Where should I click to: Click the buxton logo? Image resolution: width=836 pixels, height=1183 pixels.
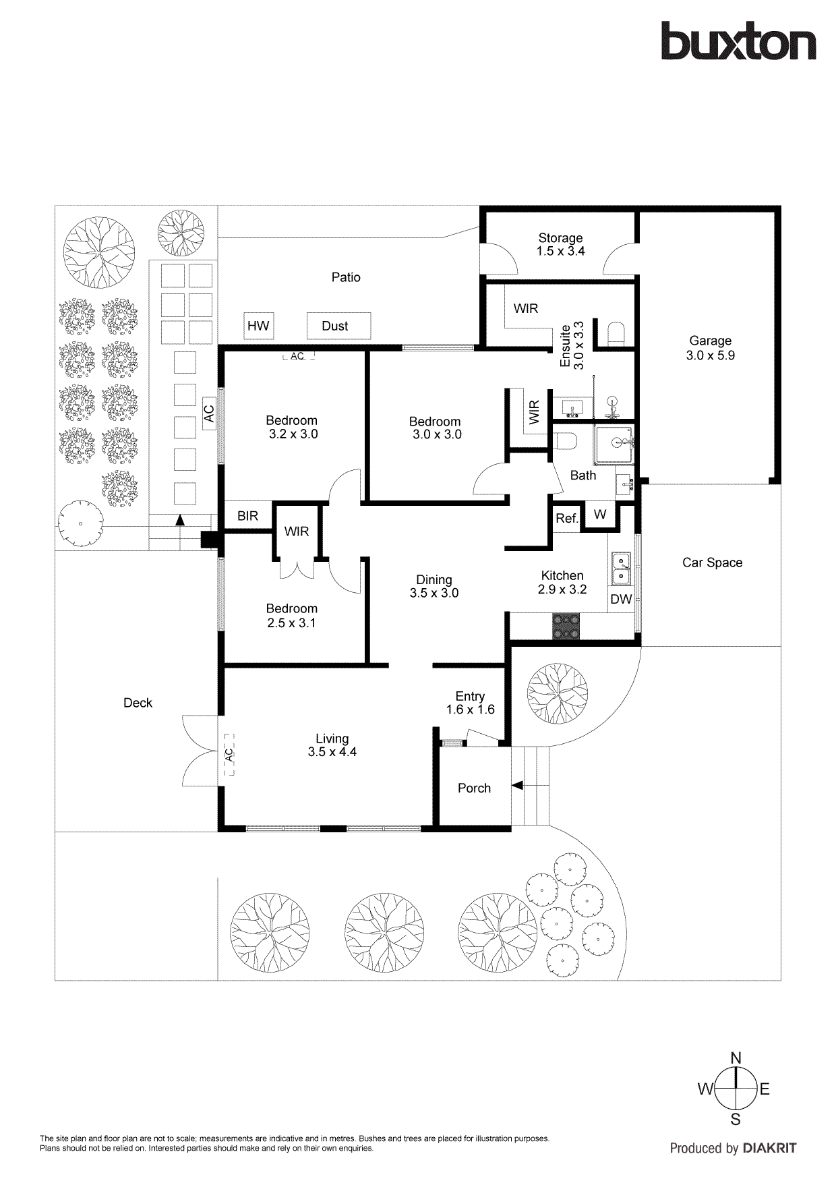[x=738, y=41]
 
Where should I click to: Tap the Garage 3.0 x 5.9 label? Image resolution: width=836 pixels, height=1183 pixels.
[x=710, y=348]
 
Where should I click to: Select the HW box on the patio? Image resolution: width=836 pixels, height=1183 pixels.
[x=258, y=326]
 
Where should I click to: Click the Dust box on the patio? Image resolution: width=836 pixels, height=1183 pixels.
[x=338, y=326]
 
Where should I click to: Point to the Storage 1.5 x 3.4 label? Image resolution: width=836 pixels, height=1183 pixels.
[x=560, y=244]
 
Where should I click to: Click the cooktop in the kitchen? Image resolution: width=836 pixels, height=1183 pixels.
[x=566, y=626]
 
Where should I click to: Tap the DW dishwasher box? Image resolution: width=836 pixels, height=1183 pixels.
[x=621, y=599]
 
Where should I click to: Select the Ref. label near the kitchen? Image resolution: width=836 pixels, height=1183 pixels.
[x=566, y=519]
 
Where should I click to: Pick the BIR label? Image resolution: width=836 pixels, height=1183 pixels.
[x=247, y=516]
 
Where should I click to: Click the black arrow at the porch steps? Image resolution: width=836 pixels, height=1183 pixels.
[x=517, y=785]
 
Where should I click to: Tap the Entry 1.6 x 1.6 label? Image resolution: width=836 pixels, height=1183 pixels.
[x=470, y=703]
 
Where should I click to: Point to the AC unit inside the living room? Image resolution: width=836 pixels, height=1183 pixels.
[x=229, y=754]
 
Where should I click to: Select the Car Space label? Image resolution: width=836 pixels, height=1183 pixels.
[x=712, y=562]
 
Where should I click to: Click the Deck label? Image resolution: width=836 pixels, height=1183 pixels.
[x=138, y=703]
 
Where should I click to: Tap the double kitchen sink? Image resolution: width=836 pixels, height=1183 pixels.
[x=620, y=569]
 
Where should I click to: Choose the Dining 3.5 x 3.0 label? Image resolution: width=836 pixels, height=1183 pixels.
[x=434, y=586]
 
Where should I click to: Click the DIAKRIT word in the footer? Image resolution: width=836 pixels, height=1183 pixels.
[x=769, y=1148]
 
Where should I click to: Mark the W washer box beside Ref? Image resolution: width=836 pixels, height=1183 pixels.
[x=600, y=515]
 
